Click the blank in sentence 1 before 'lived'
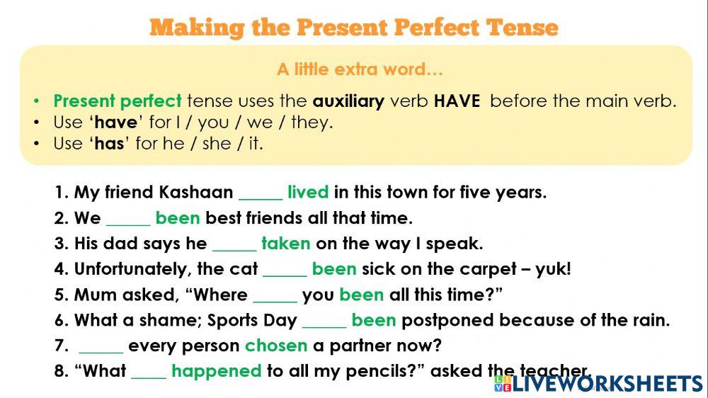[x=261, y=194]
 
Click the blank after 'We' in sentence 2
[x=128, y=220]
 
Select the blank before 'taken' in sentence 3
[x=234, y=245]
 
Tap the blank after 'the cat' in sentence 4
[x=285, y=271]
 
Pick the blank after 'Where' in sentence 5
[x=275, y=296]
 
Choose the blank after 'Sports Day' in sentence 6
[x=324, y=322]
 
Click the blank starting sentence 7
[x=101, y=347]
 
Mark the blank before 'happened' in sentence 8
[x=149, y=373]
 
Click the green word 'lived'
[x=308, y=193]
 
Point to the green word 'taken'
[x=285, y=244]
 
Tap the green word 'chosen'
[x=276, y=346]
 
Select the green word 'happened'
[x=217, y=372]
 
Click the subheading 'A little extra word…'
[x=360, y=69]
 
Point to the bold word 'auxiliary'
[x=348, y=101]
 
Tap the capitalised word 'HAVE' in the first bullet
[x=457, y=101]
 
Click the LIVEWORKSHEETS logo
[x=598, y=384]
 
